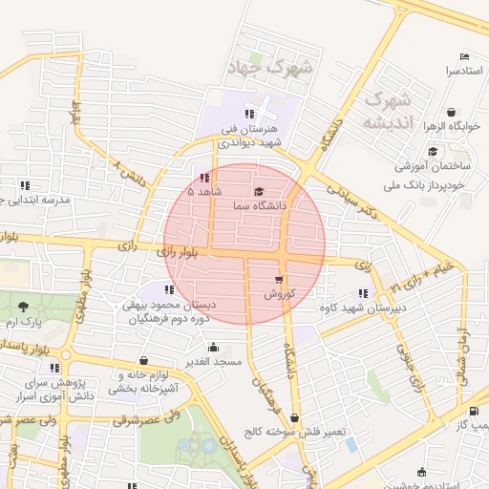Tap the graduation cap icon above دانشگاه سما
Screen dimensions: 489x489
coord(259,192)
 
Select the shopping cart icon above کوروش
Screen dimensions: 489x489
coord(278,280)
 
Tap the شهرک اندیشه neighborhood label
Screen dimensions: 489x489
coord(388,110)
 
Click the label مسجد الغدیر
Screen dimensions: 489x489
coord(215,362)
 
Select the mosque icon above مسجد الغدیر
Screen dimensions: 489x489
coord(213,348)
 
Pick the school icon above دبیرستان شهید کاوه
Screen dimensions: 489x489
coord(362,293)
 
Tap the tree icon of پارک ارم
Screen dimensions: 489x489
coord(22,306)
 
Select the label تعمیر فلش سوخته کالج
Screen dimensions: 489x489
coord(293,431)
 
